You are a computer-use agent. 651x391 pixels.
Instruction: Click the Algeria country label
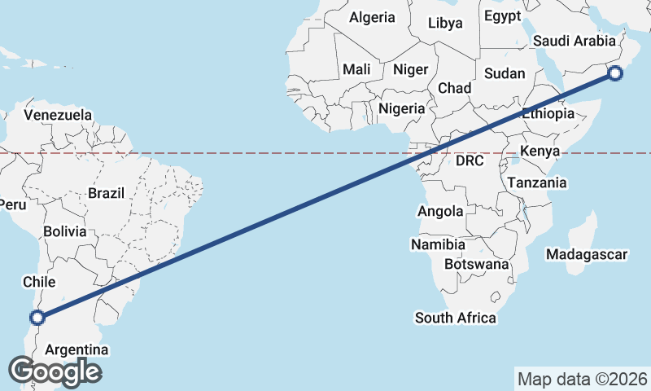[372, 17]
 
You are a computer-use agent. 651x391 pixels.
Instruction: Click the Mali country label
[356, 69]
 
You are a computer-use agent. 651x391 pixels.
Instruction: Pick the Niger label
[410, 69]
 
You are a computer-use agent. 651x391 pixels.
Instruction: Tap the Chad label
[454, 88]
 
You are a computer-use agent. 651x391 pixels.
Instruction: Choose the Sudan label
[505, 73]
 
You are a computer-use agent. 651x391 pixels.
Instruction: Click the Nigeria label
[401, 108]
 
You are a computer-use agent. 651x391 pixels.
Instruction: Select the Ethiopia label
[548, 114]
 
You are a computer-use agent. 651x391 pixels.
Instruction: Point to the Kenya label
[540, 152]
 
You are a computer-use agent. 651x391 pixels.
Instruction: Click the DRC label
[470, 161]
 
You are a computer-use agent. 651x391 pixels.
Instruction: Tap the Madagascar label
[587, 255]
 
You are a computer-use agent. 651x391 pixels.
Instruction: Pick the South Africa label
[455, 318]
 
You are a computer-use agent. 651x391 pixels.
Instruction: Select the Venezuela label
[58, 115]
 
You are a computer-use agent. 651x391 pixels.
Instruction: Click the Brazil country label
[106, 194]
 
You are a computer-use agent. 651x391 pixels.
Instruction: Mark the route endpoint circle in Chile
[37, 318]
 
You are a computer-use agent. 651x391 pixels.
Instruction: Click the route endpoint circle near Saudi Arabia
[615, 74]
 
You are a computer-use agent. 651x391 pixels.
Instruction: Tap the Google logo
[55, 371]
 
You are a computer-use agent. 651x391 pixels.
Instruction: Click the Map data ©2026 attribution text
[583, 380]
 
